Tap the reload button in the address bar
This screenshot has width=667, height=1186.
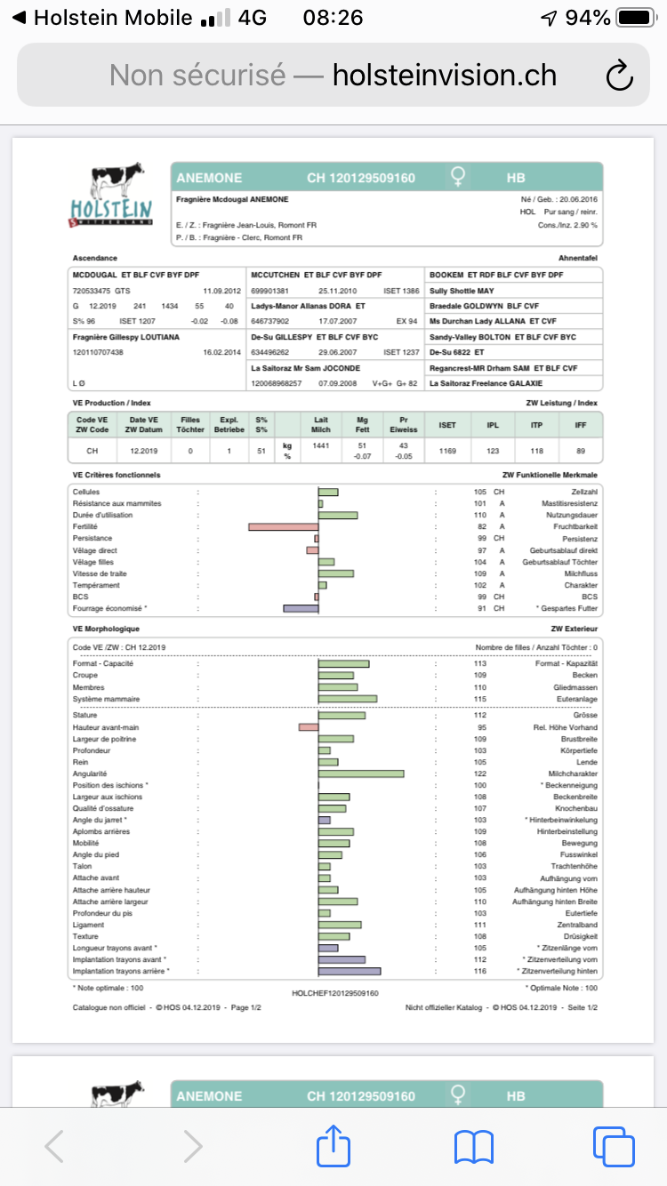tap(618, 76)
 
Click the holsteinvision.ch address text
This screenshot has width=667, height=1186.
tap(445, 76)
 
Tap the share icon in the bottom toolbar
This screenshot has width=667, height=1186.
tap(333, 1146)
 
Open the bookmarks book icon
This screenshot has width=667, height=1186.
tap(473, 1146)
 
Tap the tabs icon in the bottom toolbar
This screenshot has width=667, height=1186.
tap(612, 1146)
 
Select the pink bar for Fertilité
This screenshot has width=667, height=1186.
tap(283, 526)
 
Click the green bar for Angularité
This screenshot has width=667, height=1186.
tap(361, 773)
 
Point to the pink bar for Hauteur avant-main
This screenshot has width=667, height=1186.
tap(309, 727)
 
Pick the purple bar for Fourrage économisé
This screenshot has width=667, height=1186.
tap(301, 608)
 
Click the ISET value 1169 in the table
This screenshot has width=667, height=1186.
tap(447, 451)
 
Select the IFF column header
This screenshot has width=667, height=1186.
tap(581, 425)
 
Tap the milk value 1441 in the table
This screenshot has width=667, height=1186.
tap(321, 445)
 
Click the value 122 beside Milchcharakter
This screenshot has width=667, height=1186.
tap(480, 773)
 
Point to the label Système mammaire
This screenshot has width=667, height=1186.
tap(106, 699)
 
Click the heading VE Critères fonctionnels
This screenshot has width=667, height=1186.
tap(117, 475)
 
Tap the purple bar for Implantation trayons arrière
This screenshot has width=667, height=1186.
tap(350, 972)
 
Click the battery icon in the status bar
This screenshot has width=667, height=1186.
tap(635, 18)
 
